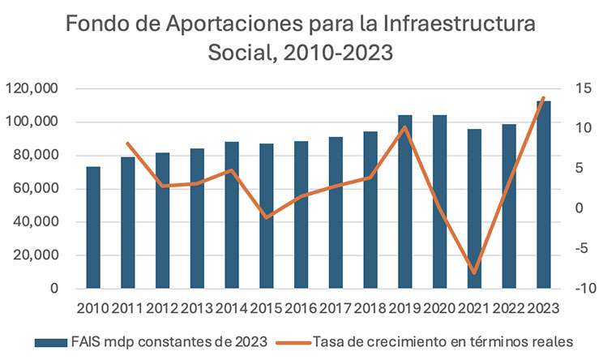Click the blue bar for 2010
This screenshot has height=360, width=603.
[93, 228]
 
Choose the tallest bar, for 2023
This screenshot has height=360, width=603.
[544, 195]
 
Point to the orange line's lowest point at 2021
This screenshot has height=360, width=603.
[475, 272]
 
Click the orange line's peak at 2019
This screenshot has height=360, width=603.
[405, 127]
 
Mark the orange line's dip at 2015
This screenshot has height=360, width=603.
[267, 217]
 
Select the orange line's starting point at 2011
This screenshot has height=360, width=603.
[128, 144]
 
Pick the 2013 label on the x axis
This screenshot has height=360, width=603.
[197, 308]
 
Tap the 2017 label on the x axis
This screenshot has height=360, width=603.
[336, 308]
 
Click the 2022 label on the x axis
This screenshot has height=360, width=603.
[509, 308]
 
